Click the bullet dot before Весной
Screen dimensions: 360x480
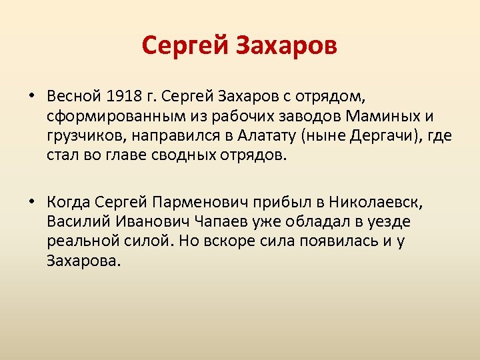click(x=31, y=96)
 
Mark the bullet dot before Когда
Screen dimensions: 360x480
click(x=31, y=201)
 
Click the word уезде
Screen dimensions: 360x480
click(x=391, y=221)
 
